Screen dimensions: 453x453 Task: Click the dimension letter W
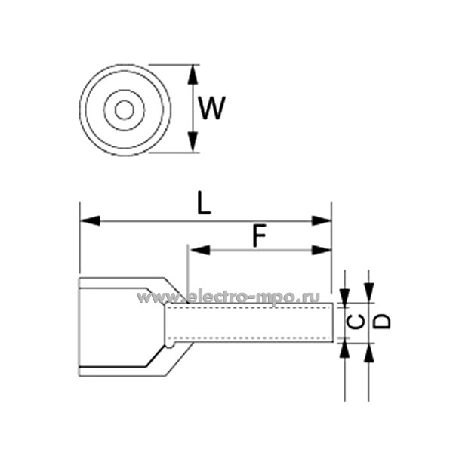click(211, 109)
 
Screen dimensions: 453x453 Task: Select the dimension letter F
click(259, 237)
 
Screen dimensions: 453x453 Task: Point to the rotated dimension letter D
click(384, 321)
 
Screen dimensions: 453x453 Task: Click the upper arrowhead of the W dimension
click(193, 73)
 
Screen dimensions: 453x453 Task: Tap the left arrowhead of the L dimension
click(89, 221)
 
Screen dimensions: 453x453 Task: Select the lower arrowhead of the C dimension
click(344, 349)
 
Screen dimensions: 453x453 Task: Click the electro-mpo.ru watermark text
click(228, 297)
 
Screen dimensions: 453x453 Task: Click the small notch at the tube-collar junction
click(171, 347)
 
